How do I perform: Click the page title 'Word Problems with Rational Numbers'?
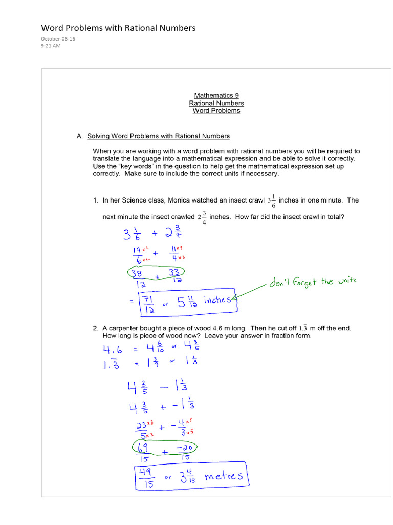(x=118, y=28)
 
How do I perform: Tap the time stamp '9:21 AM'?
(x=51, y=46)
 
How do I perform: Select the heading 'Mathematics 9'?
(x=216, y=95)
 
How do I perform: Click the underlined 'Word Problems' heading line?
(x=216, y=111)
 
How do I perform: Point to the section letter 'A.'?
(x=80, y=136)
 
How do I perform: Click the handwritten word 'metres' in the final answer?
(x=225, y=477)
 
